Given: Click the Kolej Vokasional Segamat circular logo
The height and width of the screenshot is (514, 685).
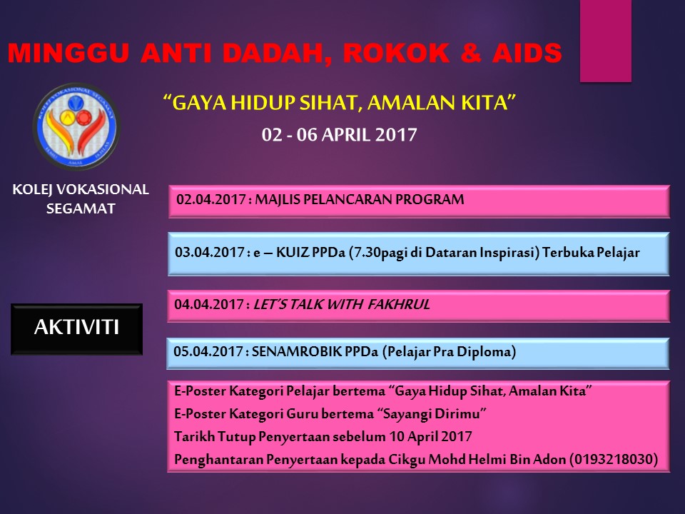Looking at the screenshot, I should (x=77, y=126).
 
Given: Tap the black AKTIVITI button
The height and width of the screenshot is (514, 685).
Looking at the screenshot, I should (x=76, y=328).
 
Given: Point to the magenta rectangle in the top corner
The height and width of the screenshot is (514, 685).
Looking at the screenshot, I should (x=605, y=41).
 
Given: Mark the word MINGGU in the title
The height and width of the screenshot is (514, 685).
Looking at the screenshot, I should (x=54, y=52).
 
